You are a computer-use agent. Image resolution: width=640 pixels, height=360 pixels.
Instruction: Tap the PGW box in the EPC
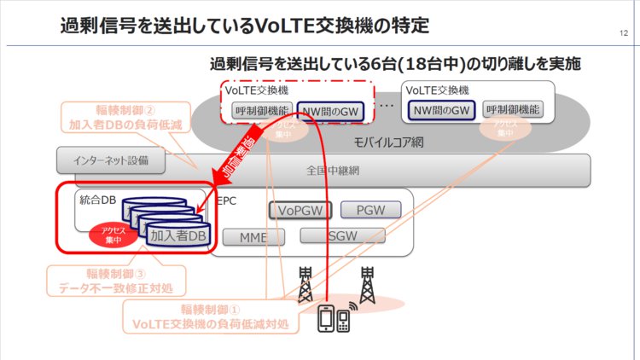click(x=369, y=210)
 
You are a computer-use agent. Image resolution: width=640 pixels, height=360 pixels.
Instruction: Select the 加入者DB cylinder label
click(x=175, y=236)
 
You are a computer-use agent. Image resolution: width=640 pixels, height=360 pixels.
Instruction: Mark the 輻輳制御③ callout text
click(x=115, y=281)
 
